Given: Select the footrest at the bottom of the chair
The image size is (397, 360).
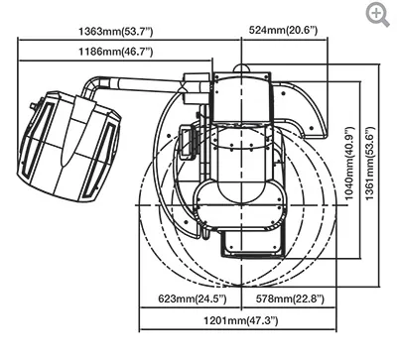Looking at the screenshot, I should click(x=244, y=239).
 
